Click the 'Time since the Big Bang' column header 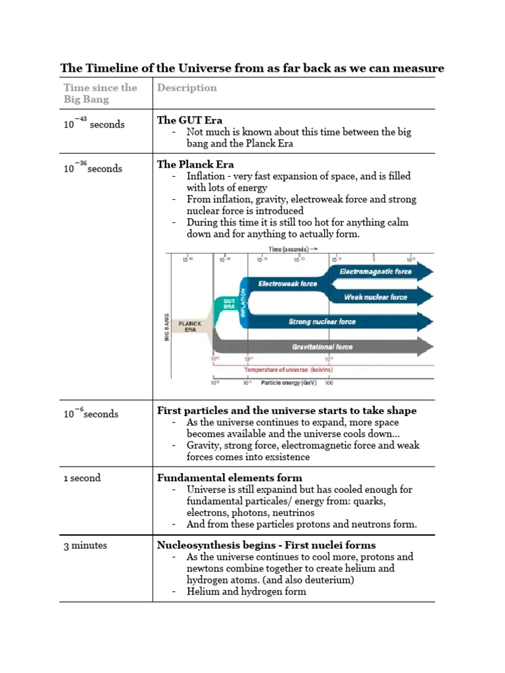pos(100,93)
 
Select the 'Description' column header pos(187,88)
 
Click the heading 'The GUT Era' pos(189,120)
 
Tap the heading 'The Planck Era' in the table pos(195,164)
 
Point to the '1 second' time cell pos(82,478)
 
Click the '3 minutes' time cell pos(85,545)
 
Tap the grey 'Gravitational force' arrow pos(322,346)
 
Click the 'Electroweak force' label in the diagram pos(287,284)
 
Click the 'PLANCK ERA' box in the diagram pos(189,327)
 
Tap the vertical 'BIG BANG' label pos(168,327)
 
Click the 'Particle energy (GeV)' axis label pos(287,382)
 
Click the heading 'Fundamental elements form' pos(229,478)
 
